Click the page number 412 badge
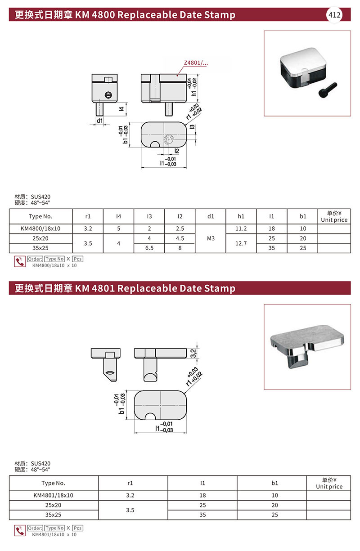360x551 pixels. [334, 15]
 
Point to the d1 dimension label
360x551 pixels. [99, 121]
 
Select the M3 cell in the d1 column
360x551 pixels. [211, 238]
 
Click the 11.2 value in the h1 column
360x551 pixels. [241, 228]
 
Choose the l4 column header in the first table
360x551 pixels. [118, 216]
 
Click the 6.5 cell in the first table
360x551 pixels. [149, 248]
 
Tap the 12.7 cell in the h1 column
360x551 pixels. [241, 243]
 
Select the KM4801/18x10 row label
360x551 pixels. [53, 495]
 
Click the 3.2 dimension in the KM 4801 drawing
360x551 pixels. [193, 353]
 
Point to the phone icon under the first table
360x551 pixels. [19, 261]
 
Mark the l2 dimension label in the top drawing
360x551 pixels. [177, 151]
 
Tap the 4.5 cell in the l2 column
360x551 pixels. [180, 238]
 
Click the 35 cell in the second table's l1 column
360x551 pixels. [202, 515]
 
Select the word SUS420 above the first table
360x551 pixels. [41, 197]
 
